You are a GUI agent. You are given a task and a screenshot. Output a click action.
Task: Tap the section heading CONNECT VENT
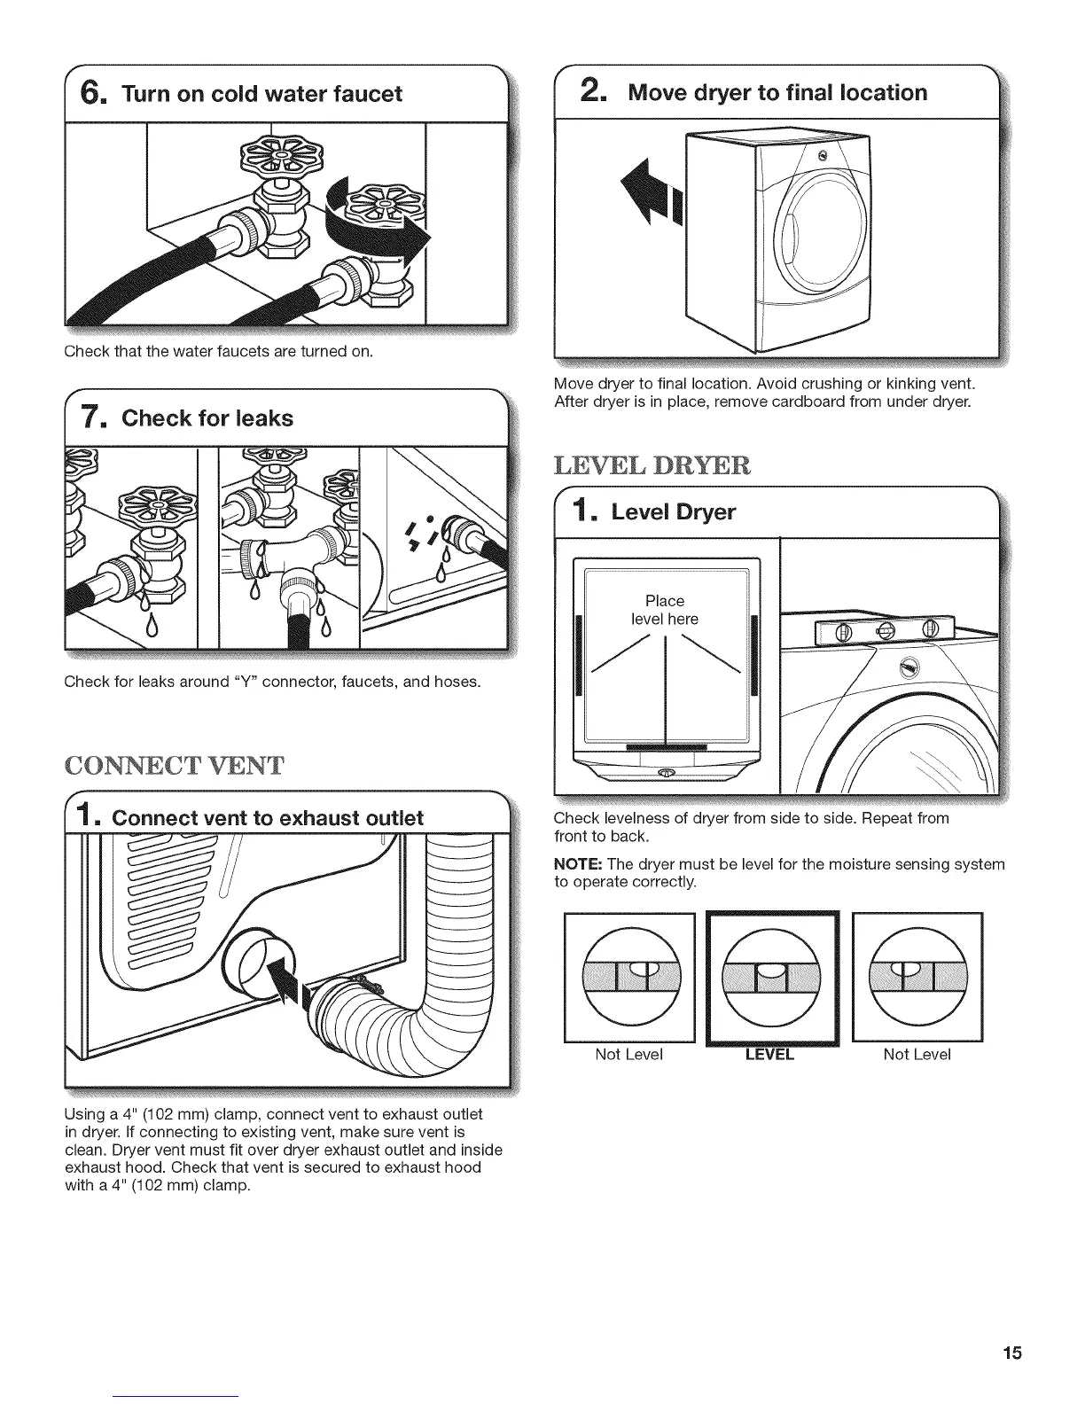pos(174,765)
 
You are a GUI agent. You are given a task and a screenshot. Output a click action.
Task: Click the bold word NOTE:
pos(578,864)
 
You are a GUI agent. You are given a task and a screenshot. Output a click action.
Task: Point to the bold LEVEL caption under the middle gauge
pos(769,1055)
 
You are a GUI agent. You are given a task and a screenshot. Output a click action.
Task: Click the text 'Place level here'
pos(665,610)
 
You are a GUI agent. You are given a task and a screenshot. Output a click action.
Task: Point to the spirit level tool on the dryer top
pos(877,631)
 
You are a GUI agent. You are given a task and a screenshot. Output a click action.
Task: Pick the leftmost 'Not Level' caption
pos(629,1055)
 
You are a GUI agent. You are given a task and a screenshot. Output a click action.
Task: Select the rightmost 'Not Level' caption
pos(917,1055)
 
